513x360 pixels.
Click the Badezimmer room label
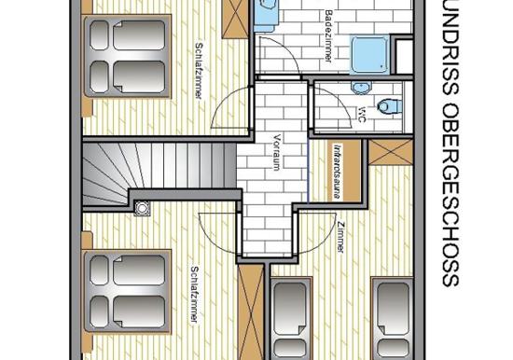point(329,35)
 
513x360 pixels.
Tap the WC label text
point(361,114)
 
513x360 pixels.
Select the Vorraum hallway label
point(277,151)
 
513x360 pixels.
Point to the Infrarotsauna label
point(336,172)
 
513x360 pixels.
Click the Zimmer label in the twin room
point(340,237)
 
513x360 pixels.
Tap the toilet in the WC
point(389,106)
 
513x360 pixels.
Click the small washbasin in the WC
point(361,87)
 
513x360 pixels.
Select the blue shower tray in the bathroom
point(370,55)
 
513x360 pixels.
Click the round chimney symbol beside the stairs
point(143,208)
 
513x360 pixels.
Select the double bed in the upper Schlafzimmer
point(127,56)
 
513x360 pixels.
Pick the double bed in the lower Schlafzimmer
point(127,291)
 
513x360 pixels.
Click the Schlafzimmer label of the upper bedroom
point(198,70)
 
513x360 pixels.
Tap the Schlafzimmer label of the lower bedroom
point(194,294)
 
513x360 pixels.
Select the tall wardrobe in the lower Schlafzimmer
point(251,312)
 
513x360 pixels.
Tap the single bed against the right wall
point(393,318)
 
